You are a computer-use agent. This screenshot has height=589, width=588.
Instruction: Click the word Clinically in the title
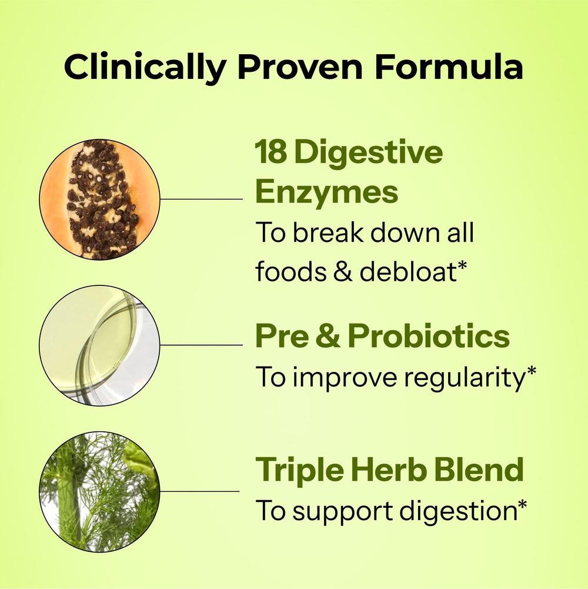click(145, 68)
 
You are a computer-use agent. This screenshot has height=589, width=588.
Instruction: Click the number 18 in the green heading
click(270, 153)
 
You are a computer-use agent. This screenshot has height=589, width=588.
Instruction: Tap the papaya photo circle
click(99, 199)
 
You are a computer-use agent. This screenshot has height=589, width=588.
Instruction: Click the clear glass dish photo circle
click(99, 345)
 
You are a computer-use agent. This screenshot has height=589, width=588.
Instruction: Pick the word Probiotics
click(429, 337)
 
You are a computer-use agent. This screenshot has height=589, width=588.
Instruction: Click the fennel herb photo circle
click(99, 491)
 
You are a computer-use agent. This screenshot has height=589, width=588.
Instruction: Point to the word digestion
click(457, 510)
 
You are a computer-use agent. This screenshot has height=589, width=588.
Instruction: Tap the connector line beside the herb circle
click(200, 491)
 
